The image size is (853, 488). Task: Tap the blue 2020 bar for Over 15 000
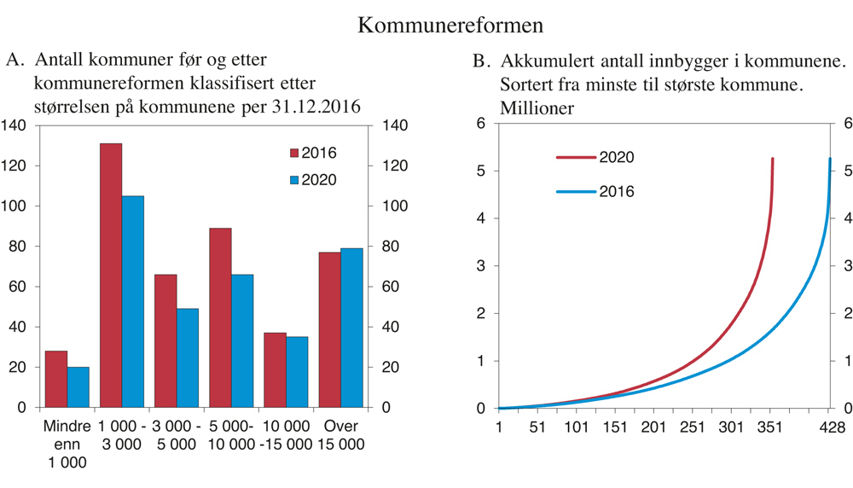pyautogui.click(x=351, y=328)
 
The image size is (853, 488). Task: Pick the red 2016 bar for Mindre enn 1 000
pyautogui.click(x=56, y=379)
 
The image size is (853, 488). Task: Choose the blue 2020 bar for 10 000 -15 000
pyautogui.click(x=297, y=372)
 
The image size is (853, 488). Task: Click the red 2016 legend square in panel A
pyautogui.click(x=294, y=154)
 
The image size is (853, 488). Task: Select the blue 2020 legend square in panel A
pyautogui.click(x=294, y=180)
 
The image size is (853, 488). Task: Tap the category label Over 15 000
pyautogui.click(x=341, y=435)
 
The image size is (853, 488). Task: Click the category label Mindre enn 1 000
pyautogui.click(x=67, y=444)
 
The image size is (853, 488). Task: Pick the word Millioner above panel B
pyautogui.click(x=537, y=108)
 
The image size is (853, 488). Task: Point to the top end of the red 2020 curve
pyautogui.click(x=772, y=159)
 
